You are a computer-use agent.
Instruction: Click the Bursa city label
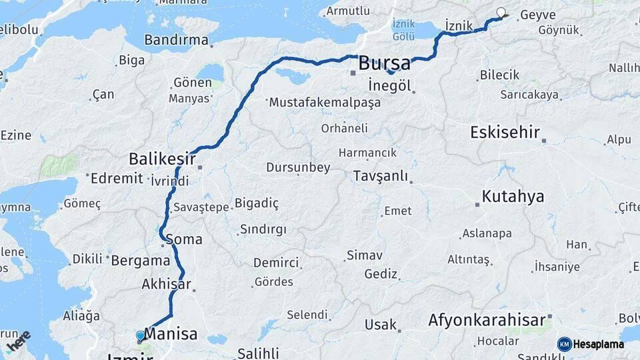[x=384, y=64]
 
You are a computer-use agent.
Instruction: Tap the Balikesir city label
[x=162, y=159]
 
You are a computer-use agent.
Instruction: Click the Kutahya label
[x=513, y=197]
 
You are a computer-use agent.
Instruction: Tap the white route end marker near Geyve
[x=501, y=11]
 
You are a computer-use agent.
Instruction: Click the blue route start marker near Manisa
[x=140, y=335]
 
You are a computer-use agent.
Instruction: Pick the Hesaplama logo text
[x=598, y=344]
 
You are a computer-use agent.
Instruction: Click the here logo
[x=19, y=340]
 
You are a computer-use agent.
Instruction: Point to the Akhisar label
[x=166, y=284]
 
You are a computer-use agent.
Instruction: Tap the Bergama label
[x=141, y=260]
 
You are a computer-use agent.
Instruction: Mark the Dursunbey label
[x=298, y=167]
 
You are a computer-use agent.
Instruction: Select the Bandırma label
[x=176, y=40]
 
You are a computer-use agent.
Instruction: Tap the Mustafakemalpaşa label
[x=325, y=103]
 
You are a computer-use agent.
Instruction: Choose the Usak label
[x=381, y=325]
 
